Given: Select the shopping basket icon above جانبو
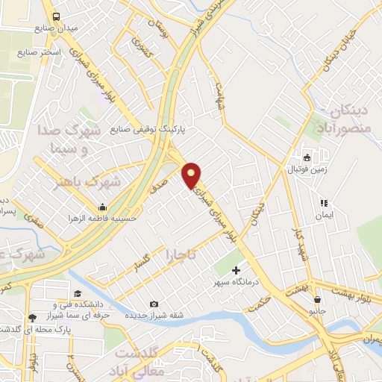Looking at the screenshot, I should coord(318,299).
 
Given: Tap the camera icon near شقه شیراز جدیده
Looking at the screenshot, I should coord(154,304).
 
